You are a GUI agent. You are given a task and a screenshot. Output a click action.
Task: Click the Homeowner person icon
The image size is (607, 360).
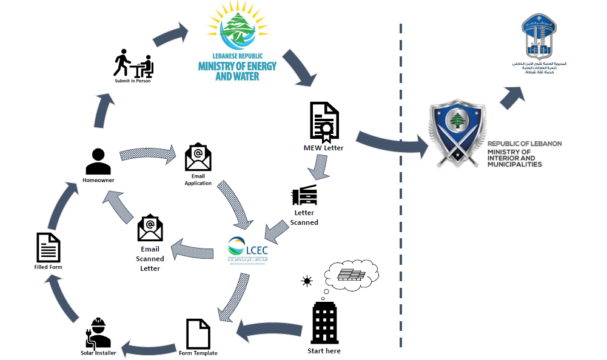click(x=98, y=162)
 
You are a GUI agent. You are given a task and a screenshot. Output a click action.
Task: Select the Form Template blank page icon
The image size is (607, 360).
click(x=198, y=334)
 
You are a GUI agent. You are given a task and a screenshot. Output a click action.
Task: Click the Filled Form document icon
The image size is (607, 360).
click(x=49, y=247)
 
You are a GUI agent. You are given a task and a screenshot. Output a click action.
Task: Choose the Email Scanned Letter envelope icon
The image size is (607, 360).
click(x=150, y=228)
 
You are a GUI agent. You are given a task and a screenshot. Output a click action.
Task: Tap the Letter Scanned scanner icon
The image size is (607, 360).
click(x=304, y=195)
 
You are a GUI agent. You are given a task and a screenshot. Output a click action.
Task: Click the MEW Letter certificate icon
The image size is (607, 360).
click(x=324, y=122)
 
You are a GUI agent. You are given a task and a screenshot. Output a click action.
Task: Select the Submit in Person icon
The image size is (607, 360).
click(x=133, y=63)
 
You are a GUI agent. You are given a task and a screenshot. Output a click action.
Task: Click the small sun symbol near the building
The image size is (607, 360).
click(x=307, y=281)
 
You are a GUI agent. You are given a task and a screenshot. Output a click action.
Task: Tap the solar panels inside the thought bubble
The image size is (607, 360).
click(x=352, y=275)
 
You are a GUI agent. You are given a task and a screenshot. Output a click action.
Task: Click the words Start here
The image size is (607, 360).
click(x=324, y=351)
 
